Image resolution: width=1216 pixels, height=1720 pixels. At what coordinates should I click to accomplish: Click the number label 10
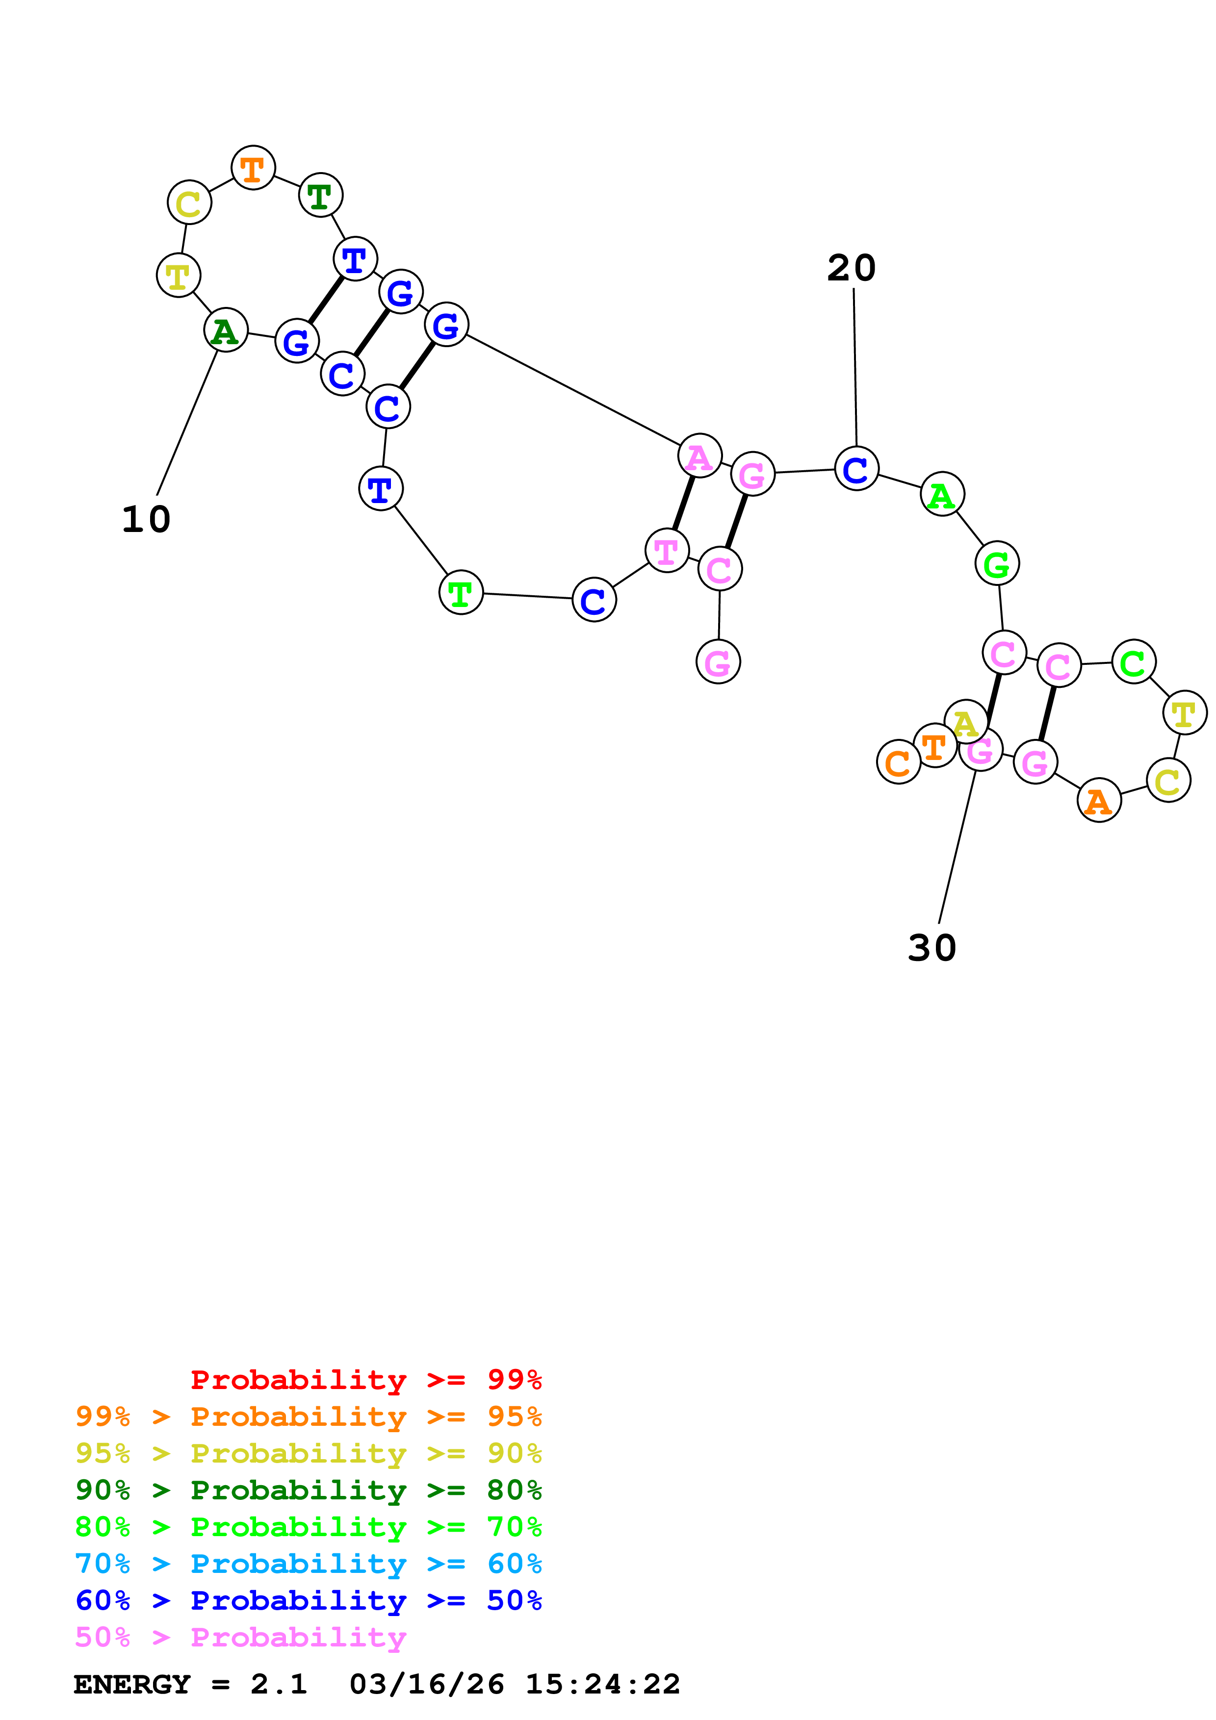147,519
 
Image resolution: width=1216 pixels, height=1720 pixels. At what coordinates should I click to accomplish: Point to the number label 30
932,948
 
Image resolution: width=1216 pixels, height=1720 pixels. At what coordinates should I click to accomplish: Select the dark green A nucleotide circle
226,330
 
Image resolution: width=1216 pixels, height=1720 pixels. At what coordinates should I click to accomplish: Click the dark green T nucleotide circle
321,196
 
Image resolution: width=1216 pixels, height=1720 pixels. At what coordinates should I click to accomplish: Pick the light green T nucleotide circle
461,593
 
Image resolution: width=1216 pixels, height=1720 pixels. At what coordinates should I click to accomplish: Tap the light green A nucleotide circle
942,494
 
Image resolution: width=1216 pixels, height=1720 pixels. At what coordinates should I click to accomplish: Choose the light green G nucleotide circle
996,563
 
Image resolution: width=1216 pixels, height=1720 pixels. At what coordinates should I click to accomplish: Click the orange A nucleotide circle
1098,801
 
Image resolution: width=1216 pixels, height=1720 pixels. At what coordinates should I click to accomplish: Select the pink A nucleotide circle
699,455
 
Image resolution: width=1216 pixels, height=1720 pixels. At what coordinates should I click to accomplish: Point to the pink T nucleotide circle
666,551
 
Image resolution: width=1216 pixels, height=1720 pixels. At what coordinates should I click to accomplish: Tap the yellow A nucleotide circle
965,721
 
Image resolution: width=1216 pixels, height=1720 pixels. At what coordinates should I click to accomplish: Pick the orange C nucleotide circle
898,762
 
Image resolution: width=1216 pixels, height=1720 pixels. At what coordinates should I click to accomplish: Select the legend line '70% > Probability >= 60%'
308,1564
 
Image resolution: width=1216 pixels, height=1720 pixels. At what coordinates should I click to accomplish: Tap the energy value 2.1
279,1684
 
